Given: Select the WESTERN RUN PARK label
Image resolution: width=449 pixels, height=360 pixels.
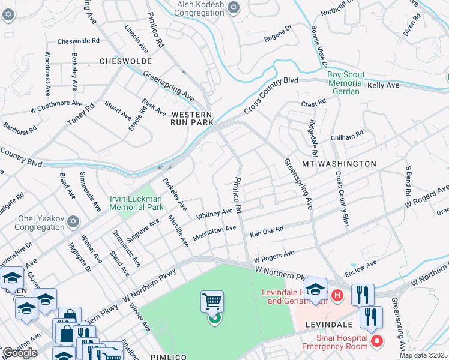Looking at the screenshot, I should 192,118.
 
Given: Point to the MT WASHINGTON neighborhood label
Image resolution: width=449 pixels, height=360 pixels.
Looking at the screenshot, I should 339,163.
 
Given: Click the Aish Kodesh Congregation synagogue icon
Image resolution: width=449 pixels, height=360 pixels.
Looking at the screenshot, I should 234,8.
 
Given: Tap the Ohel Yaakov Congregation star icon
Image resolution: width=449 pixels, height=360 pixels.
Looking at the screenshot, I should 73,222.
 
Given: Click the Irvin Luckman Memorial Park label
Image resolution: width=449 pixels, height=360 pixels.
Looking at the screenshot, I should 136,203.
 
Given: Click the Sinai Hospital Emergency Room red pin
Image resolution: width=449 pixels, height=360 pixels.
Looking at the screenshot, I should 377,341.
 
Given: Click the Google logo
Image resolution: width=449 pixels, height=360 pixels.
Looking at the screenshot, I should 20,353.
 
